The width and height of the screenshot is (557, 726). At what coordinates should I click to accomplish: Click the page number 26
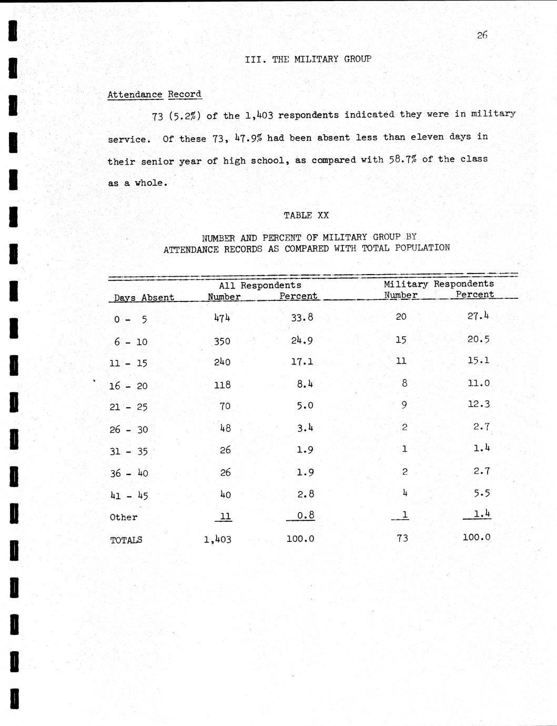[x=482, y=35]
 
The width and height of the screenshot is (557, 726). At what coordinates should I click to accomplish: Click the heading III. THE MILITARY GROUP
[x=308, y=59]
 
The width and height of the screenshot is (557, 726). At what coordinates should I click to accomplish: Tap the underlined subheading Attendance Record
[x=154, y=95]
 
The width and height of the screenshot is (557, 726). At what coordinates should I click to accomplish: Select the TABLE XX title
[x=306, y=215]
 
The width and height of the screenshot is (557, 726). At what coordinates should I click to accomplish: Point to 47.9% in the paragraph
[x=248, y=138]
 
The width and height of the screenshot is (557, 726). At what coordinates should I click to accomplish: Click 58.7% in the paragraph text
[x=402, y=159]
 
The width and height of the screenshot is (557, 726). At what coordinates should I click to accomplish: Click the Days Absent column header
[x=144, y=297]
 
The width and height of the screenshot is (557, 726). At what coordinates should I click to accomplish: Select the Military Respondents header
[x=439, y=284]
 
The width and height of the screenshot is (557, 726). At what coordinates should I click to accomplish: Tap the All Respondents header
[x=260, y=285]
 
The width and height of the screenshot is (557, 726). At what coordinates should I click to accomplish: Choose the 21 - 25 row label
[x=128, y=407]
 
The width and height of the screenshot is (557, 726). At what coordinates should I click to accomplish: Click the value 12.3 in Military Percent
[x=478, y=405]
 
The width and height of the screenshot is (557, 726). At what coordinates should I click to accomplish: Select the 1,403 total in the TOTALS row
[x=218, y=539]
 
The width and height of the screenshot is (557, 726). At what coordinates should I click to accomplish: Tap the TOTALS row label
[x=126, y=540]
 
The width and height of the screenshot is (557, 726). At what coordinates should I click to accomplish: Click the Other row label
[x=124, y=517]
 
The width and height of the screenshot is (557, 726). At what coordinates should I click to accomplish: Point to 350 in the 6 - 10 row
[x=222, y=341]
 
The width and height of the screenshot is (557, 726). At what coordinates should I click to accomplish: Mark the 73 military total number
[x=402, y=538]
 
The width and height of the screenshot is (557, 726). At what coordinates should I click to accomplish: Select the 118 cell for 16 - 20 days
[x=222, y=385]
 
